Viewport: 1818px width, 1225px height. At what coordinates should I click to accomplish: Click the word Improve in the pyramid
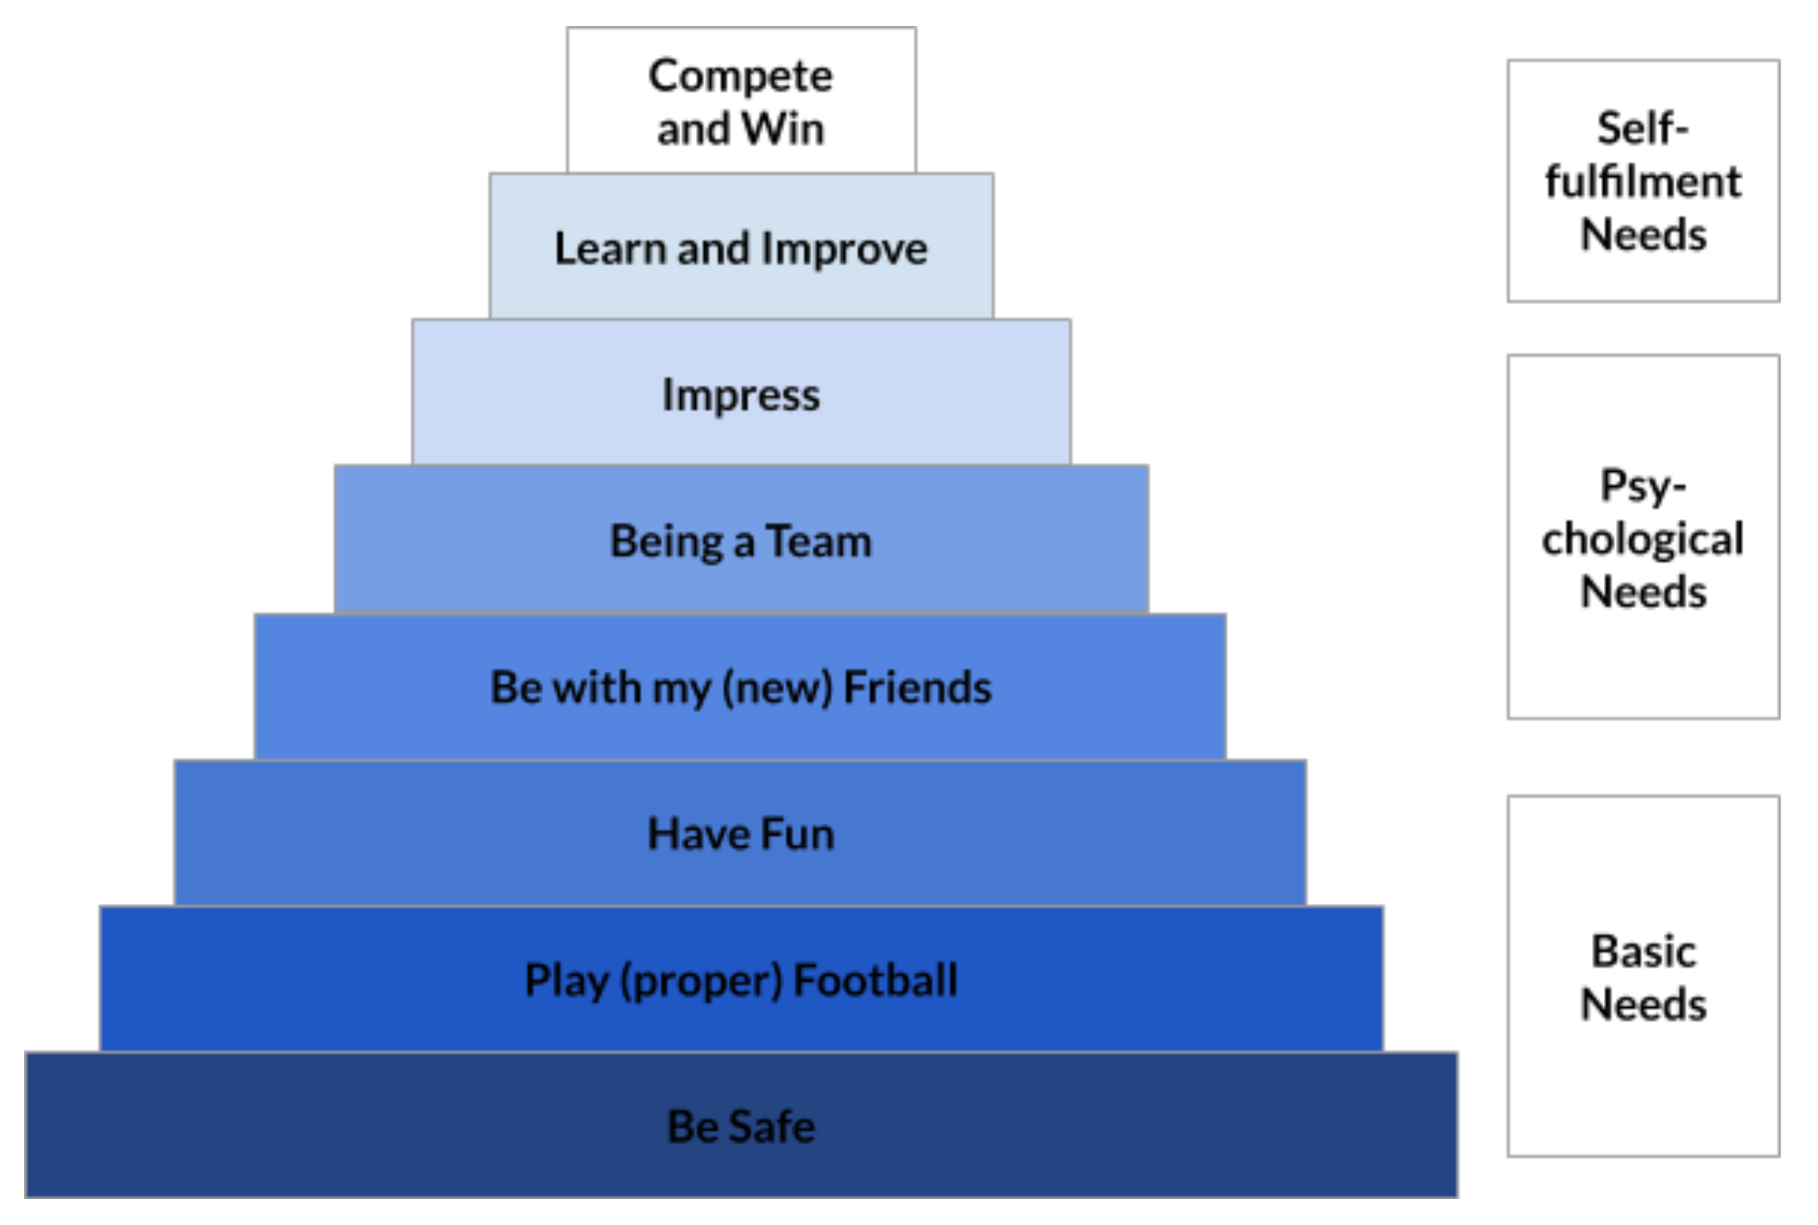844,249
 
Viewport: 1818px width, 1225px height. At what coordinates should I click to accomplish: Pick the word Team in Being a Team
819,541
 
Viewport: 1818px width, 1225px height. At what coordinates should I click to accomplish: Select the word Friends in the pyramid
917,687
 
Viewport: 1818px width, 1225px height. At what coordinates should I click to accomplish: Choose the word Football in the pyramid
876,979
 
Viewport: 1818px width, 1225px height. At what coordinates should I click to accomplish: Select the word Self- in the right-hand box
1643,128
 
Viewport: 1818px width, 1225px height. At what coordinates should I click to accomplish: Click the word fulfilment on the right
1643,181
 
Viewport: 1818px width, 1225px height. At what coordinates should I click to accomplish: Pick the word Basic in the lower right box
1643,951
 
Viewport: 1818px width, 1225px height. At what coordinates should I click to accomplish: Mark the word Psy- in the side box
1643,486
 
